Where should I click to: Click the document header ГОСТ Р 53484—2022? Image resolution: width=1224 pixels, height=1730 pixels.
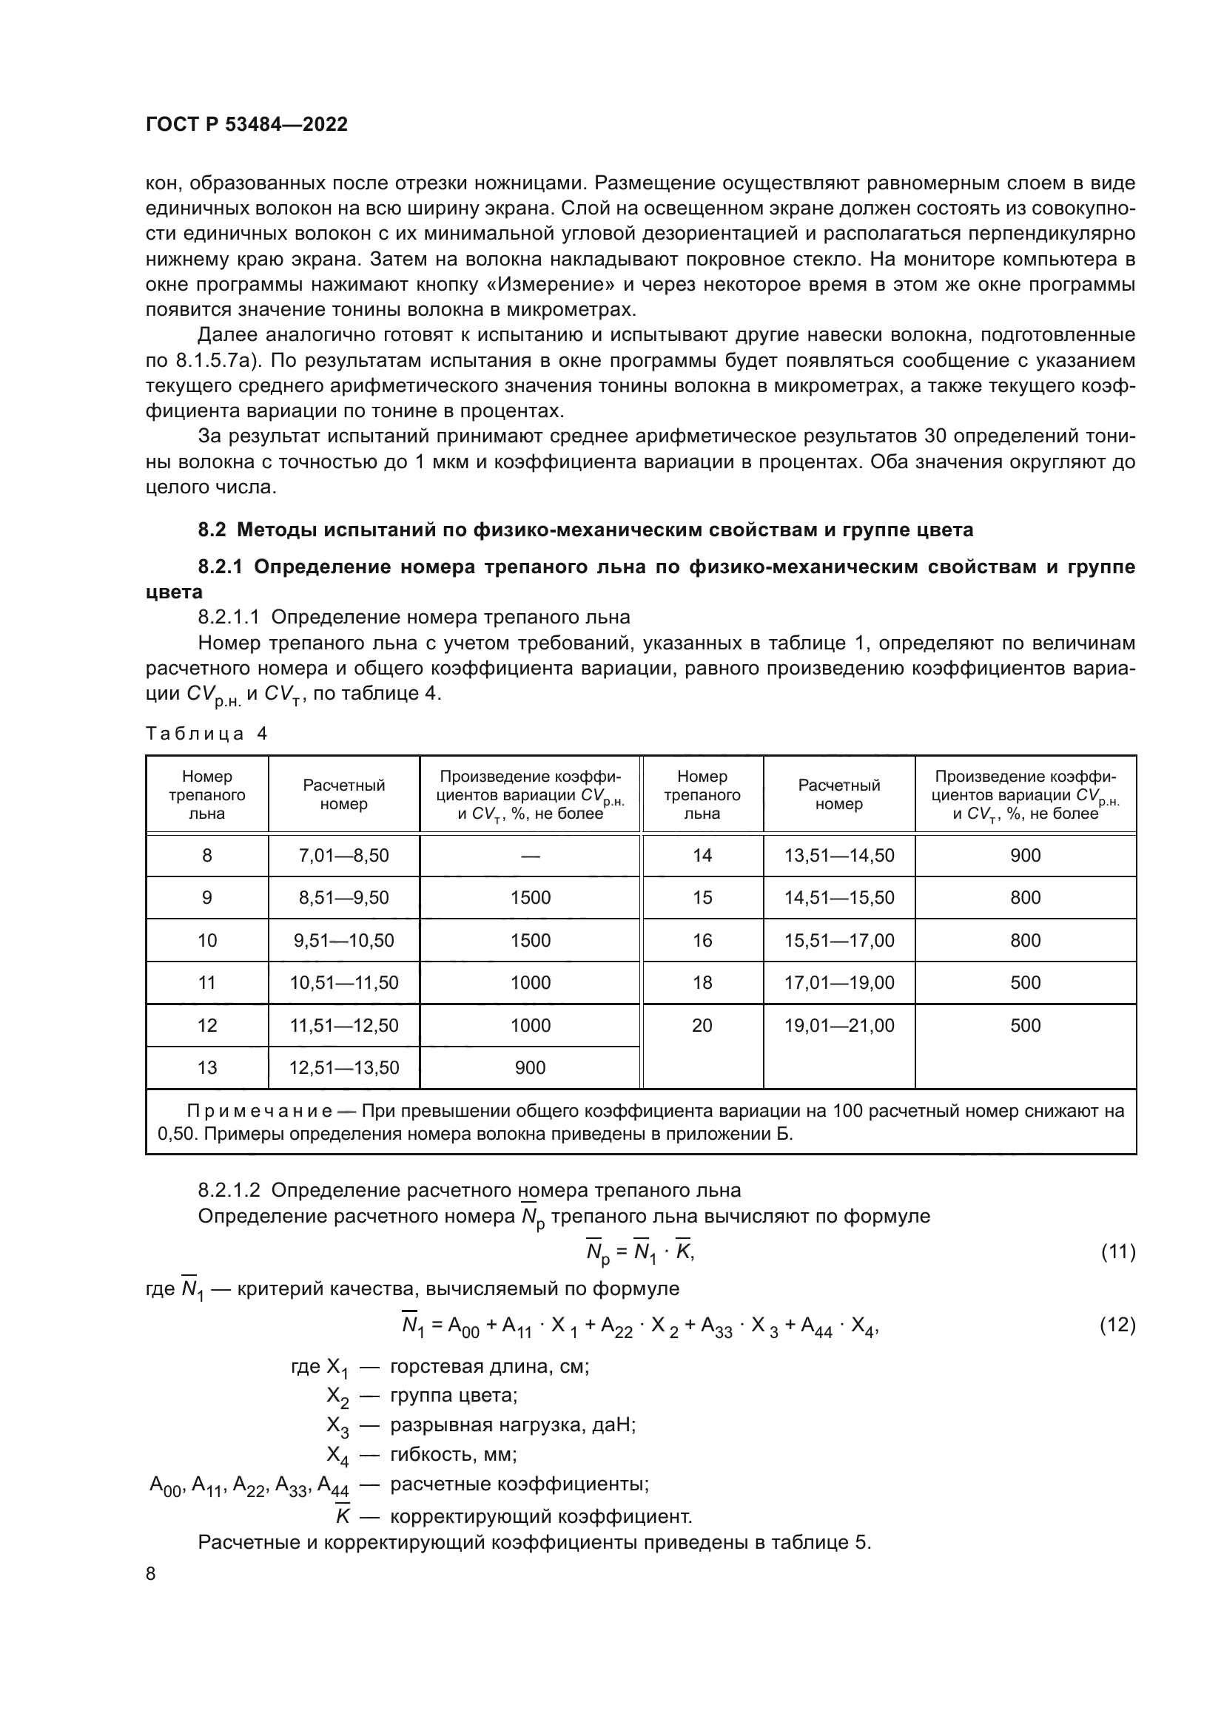[x=246, y=124]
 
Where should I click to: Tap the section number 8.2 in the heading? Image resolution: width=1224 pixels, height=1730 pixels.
[x=211, y=530]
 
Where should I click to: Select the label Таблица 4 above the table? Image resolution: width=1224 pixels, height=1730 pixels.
[x=206, y=733]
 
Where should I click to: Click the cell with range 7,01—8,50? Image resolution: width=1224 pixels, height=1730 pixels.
[x=343, y=855]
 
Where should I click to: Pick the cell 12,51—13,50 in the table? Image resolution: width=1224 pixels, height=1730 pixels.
[x=343, y=1068]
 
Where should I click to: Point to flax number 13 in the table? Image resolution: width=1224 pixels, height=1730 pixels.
[x=206, y=1068]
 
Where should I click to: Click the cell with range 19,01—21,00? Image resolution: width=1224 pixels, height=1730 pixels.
[x=839, y=1025]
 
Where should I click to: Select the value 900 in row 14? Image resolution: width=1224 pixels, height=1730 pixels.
[x=1025, y=855]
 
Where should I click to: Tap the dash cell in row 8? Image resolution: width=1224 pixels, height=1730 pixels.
[x=530, y=855]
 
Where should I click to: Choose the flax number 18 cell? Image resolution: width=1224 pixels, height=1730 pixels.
[x=702, y=982]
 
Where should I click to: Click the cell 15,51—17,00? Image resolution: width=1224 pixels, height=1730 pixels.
[x=839, y=940]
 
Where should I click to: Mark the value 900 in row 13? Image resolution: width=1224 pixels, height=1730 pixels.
[x=530, y=1068]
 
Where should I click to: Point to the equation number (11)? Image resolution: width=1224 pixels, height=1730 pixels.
[x=1117, y=1251]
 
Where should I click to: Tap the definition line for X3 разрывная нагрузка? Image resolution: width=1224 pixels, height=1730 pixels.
[x=482, y=1425]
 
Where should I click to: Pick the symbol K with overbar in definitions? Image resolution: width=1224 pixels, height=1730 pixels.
[x=343, y=1516]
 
